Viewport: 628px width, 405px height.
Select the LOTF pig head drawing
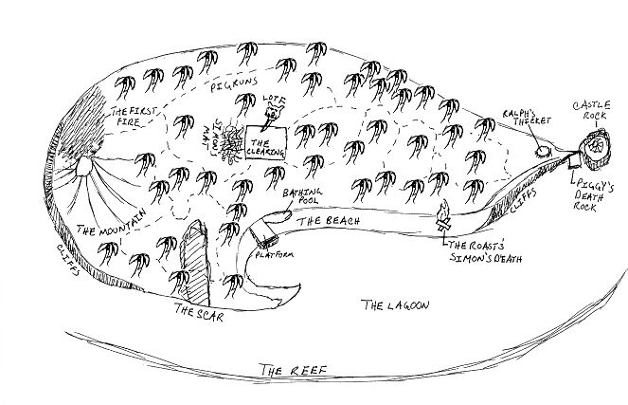[x=272, y=116]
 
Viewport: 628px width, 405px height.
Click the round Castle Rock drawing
[x=596, y=145]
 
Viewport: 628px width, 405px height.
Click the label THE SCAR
[x=198, y=314]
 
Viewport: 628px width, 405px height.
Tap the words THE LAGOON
[x=396, y=306]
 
